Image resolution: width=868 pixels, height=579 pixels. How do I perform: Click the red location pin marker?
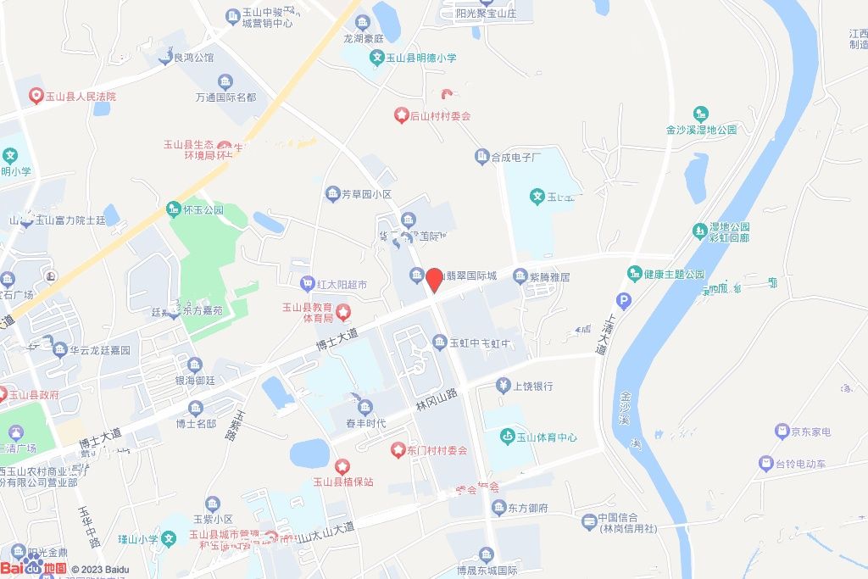pos(434,279)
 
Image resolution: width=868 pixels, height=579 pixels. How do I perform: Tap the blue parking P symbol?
pos(625,300)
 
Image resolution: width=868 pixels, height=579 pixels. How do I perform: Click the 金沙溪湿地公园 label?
pos(701,130)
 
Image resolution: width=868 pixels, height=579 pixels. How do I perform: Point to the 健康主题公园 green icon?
pos(635,274)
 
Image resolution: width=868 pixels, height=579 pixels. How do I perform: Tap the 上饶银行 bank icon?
pos(504,386)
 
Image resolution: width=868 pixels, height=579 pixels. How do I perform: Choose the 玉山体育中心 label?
pos(547,437)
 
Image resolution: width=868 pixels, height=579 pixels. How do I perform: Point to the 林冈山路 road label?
pos(436,399)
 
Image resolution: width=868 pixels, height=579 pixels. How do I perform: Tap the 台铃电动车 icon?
pos(765,464)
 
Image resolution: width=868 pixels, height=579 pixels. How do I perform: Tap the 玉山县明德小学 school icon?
pos(377,58)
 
